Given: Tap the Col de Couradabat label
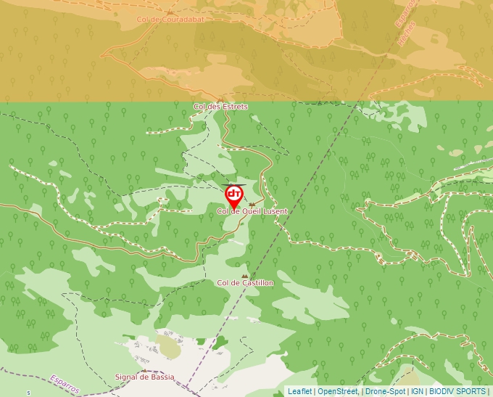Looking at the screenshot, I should (x=170, y=20).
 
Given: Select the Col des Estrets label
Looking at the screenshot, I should (x=220, y=107).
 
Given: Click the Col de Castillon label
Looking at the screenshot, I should (x=245, y=282).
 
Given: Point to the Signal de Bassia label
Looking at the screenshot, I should (x=145, y=377).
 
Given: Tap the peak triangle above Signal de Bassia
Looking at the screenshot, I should (x=145, y=369).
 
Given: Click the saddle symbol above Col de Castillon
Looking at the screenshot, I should (x=245, y=275).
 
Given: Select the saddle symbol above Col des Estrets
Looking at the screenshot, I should (x=220, y=99).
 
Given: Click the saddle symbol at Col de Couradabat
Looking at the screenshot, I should (x=169, y=12).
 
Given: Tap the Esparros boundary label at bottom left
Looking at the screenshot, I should (x=65, y=382).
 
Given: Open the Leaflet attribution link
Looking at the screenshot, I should (x=299, y=391).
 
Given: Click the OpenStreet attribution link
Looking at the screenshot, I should (x=338, y=391).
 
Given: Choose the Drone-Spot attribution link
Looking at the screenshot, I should (x=385, y=391).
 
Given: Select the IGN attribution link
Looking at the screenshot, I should (x=417, y=391).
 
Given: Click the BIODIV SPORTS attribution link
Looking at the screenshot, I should (x=457, y=391).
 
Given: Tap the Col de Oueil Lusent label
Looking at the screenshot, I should (x=252, y=211).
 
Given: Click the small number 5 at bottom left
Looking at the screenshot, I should (x=29, y=393).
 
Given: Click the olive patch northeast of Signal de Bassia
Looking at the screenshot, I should (x=170, y=346).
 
